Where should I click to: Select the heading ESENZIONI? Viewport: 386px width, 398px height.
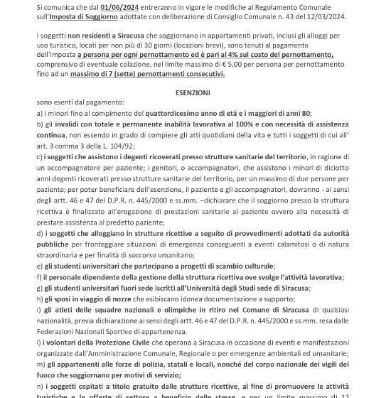pyautogui.click(x=193, y=93)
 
